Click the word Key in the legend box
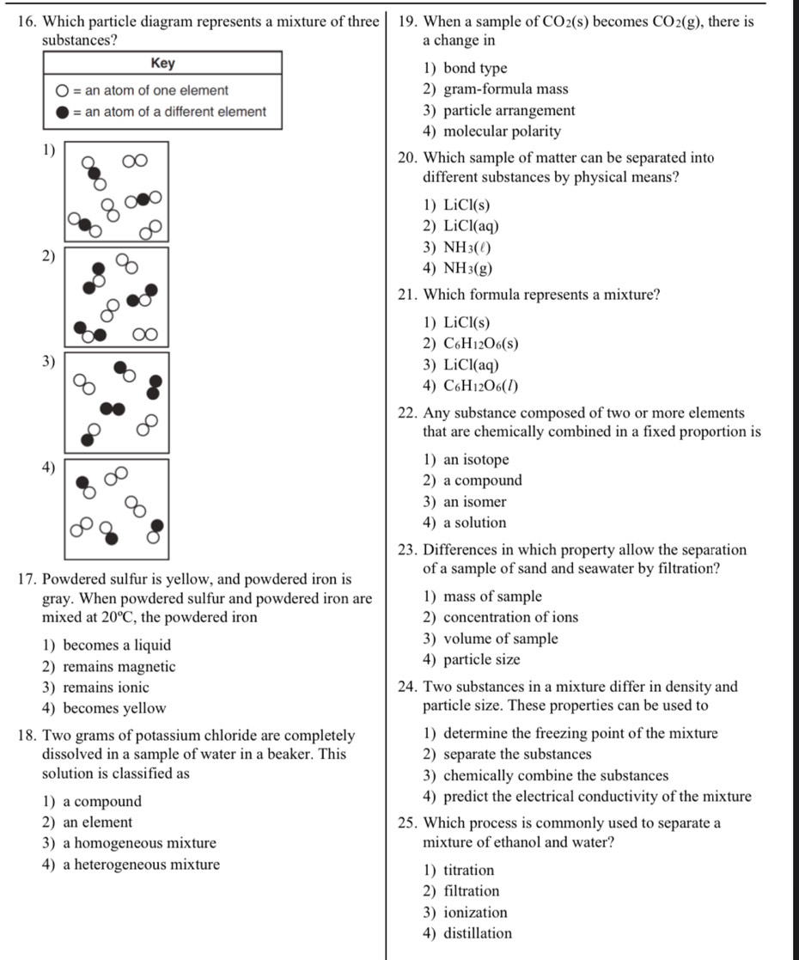162,63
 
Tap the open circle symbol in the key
63,90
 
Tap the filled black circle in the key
63,112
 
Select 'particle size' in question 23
472,660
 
